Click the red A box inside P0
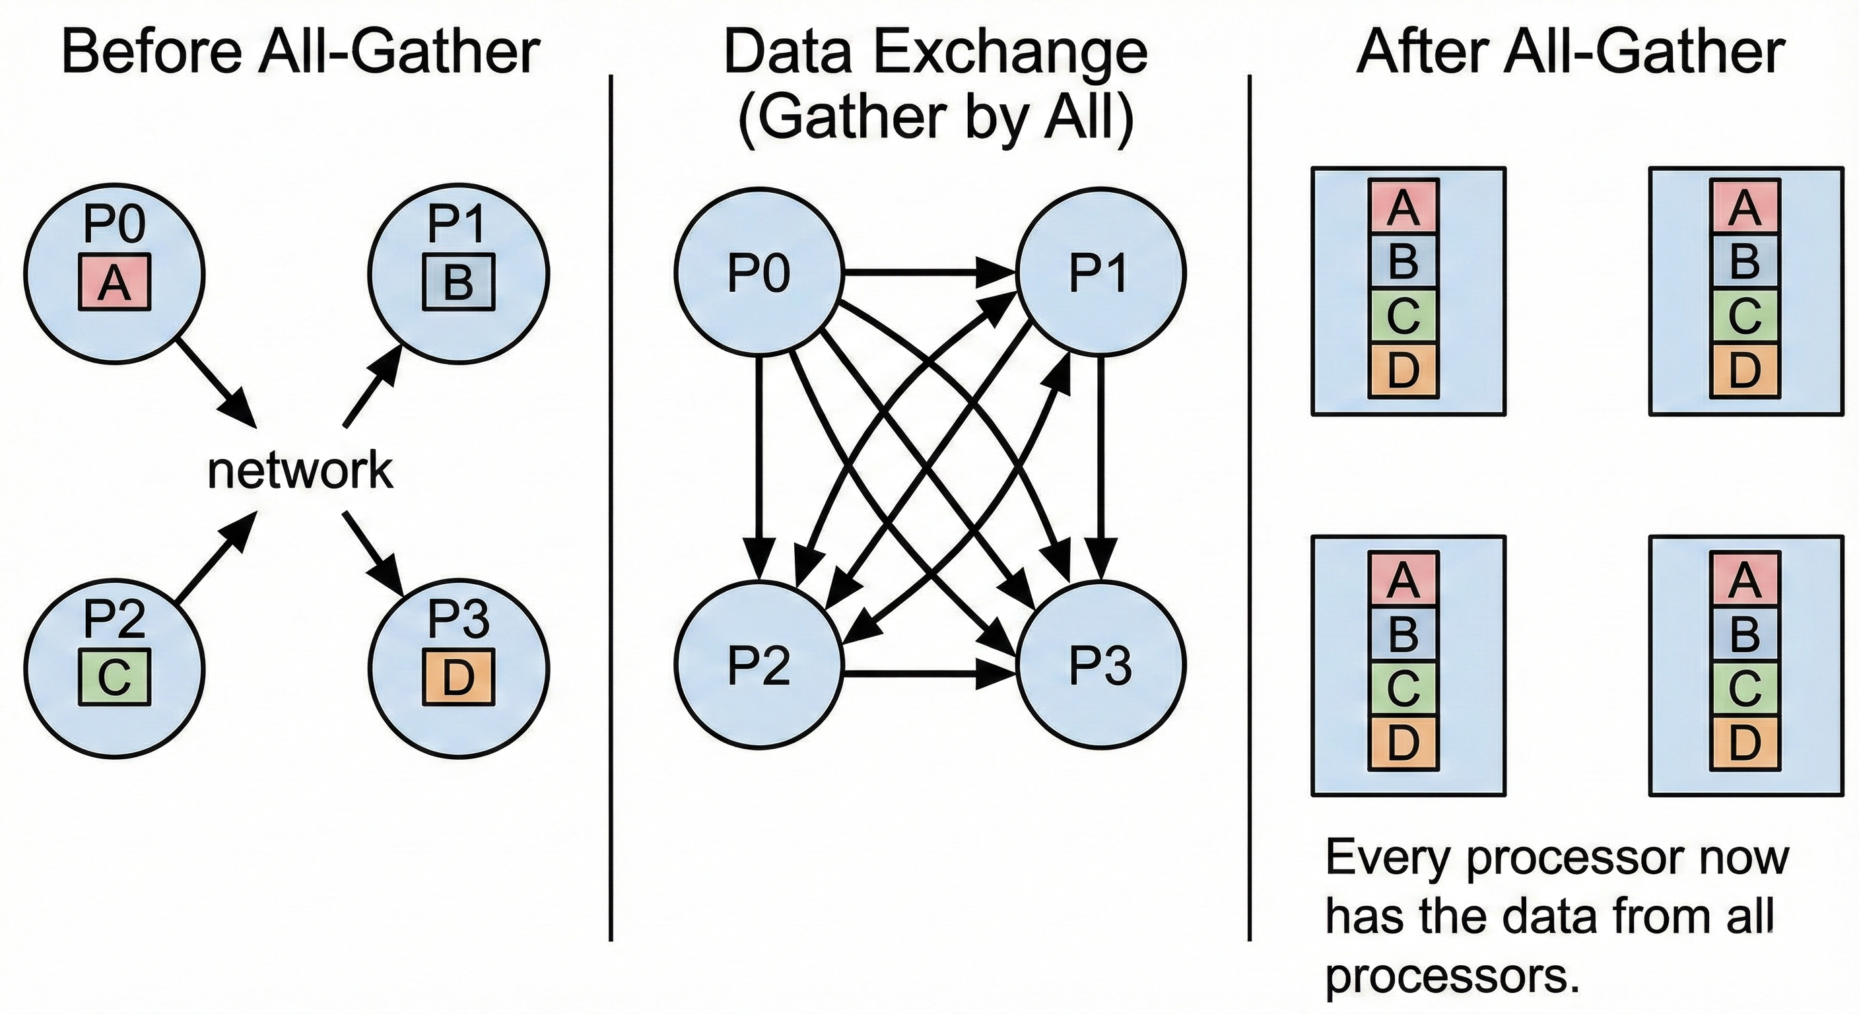click(114, 282)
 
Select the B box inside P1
click(458, 282)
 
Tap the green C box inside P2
click(114, 676)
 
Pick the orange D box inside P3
click(458, 676)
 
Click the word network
click(300, 471)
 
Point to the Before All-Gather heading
click(300, 52)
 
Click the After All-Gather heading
click(1571, 52)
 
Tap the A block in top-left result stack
click(1403, 207)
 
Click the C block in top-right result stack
click(1744, 316)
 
